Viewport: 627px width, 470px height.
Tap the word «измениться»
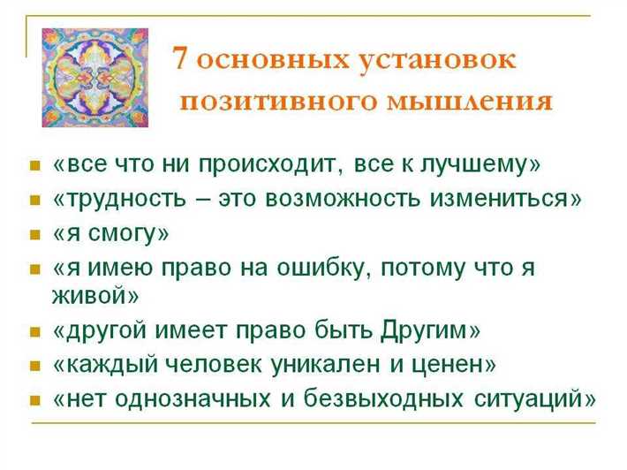[514, 199]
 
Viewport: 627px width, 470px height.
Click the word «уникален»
[336, 365]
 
